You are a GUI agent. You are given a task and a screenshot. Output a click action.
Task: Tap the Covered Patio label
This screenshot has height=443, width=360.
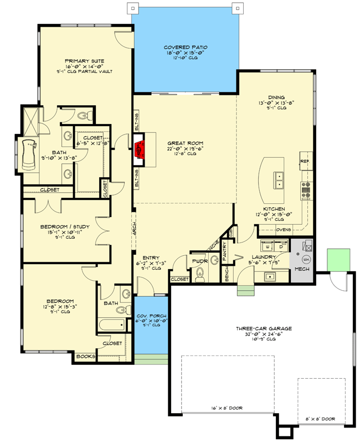186,48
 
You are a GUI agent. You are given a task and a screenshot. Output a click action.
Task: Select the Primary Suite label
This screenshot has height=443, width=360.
84,61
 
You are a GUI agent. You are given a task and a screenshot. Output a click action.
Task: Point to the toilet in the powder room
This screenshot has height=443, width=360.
200,273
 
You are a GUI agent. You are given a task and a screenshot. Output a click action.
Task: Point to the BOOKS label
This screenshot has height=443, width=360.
85,356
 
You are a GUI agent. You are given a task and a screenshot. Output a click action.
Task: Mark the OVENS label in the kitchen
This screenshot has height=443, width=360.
284,229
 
